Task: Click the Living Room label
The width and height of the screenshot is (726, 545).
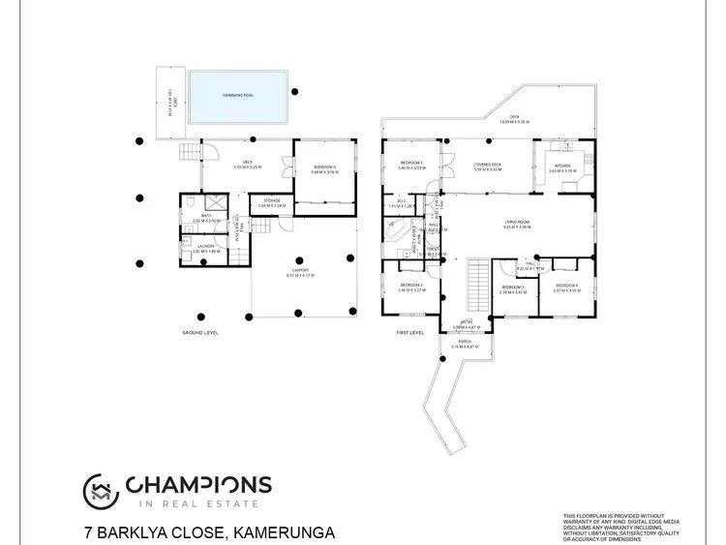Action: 517,225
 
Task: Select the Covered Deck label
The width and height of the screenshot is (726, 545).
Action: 487,167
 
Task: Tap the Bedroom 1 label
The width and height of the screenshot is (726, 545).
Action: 411,163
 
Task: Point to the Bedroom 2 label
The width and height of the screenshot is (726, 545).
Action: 411,287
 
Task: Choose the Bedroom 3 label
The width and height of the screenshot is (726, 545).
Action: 512,288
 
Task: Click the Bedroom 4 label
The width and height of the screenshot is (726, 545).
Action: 566,287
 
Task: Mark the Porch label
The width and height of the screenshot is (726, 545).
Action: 465,344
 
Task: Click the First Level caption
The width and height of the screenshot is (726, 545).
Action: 410,332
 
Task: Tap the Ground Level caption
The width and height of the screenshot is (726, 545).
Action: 200,332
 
